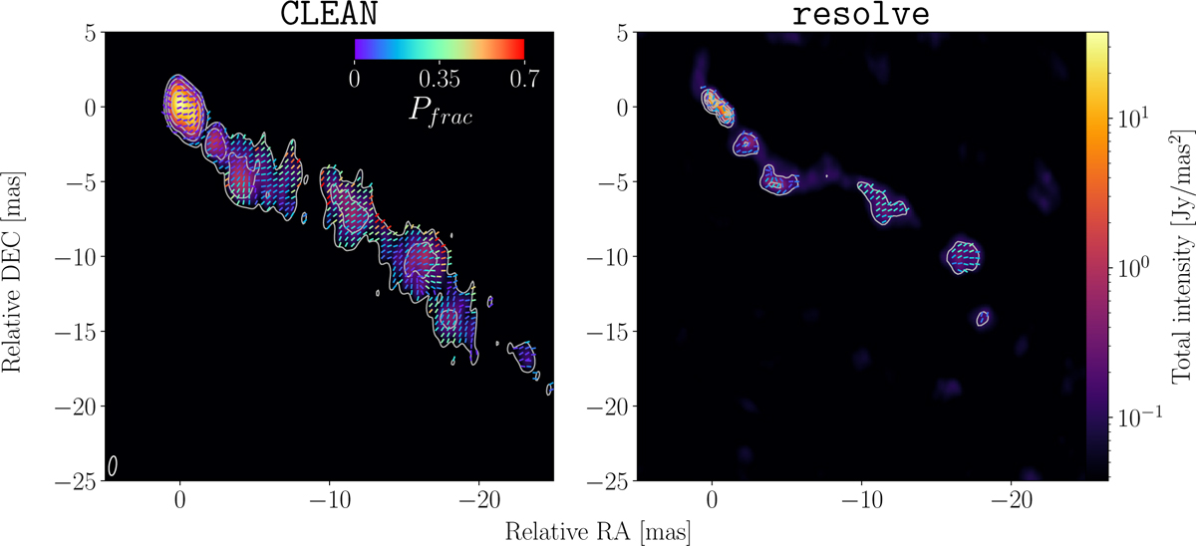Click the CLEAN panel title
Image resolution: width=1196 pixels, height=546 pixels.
pos(329,13)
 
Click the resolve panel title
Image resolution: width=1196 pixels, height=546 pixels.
pos(861,14)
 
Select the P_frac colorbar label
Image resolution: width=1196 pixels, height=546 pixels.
pos(441,111)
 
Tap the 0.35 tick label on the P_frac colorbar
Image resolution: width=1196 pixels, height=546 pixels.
pos(439,79)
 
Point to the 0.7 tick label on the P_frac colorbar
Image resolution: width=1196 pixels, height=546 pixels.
pos(524,79)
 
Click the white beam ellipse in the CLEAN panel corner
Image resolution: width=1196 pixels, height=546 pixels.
pos(112,465)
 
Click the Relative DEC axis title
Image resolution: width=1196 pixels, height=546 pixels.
pos(12,272)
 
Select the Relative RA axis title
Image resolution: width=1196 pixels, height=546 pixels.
pos(597,532)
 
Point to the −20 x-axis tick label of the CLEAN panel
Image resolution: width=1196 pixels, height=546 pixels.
pos(479,500)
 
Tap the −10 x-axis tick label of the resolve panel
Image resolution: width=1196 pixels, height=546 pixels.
pos(861,500)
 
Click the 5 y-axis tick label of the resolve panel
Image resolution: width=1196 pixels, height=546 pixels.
pos(624,33)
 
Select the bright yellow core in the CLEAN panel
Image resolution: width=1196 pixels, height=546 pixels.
pos(181,107)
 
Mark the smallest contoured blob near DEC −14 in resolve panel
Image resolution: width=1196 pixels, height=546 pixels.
pos(983,319)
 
